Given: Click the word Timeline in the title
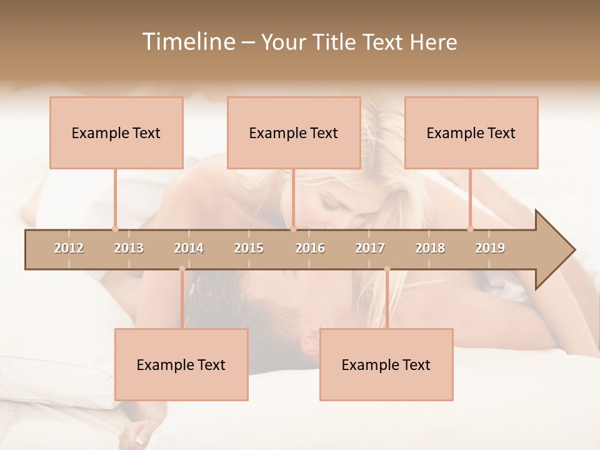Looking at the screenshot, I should [187, 42].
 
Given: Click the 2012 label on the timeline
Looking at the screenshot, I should [69, 248].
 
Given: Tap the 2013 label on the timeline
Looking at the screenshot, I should [129, 248].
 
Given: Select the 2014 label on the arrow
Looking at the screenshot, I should [189, 248].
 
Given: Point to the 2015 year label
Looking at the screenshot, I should [249, 248].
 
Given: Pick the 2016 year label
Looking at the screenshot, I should [310, 248].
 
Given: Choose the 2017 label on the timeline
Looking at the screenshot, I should [370, 248].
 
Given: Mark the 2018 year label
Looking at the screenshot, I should [430, 248].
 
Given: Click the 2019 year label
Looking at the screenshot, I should [490, 248].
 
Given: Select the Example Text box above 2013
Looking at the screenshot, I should [116, 132].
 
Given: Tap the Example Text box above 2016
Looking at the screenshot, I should [294, 132].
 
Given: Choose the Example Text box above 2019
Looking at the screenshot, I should [471, 132].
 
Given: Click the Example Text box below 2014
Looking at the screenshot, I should [181, 364].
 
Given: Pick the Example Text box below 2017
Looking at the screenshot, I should [386, 364].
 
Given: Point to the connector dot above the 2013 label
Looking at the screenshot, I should [115, 229].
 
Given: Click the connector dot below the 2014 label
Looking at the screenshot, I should [182, 269].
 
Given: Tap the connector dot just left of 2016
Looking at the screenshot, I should [293, 229].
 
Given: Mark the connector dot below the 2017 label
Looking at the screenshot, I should [387, 269].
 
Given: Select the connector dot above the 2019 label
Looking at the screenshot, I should [471, 229].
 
